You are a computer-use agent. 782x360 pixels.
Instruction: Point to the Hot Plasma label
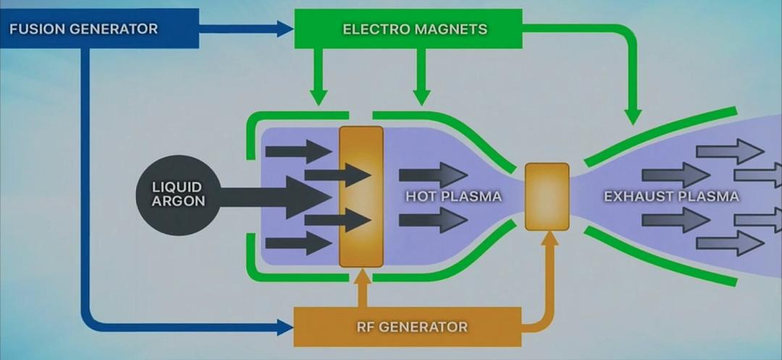pyautogui.click(x=453, y=196)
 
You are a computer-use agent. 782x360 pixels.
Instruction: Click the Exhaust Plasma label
pyautogui.click(x=671, y=196)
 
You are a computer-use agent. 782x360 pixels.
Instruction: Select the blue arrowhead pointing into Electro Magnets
pyautogui.click(x=285, y=29)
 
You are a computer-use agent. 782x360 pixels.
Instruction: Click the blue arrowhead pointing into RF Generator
pyautogui.click(x=285, y=327)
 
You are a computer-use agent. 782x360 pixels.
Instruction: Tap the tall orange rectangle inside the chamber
pyautogui.click(x=361, y=196)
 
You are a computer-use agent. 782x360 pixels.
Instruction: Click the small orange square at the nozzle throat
pyautogui.click(x=547, y=196)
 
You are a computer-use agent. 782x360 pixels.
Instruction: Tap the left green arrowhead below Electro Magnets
pyautogui.click(x=318, y=96)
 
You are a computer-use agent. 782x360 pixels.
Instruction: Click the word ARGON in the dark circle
pyautogui.click(x=178, y=201)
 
